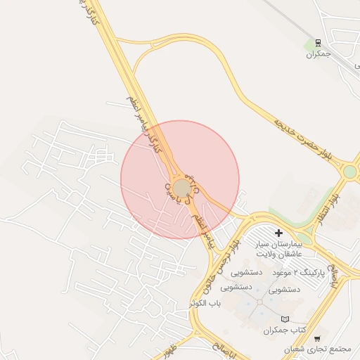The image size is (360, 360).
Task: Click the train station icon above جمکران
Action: click(319, 42)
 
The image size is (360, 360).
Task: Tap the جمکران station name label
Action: click(319, 53)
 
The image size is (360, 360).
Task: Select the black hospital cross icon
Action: click(278, 232)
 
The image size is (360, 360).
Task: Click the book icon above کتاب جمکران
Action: click(285, 319)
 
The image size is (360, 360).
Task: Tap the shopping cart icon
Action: click(317, 337)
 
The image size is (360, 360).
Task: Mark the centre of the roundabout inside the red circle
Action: click(181, 188)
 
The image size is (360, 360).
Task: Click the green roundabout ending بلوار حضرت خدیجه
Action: click(349, 171)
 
